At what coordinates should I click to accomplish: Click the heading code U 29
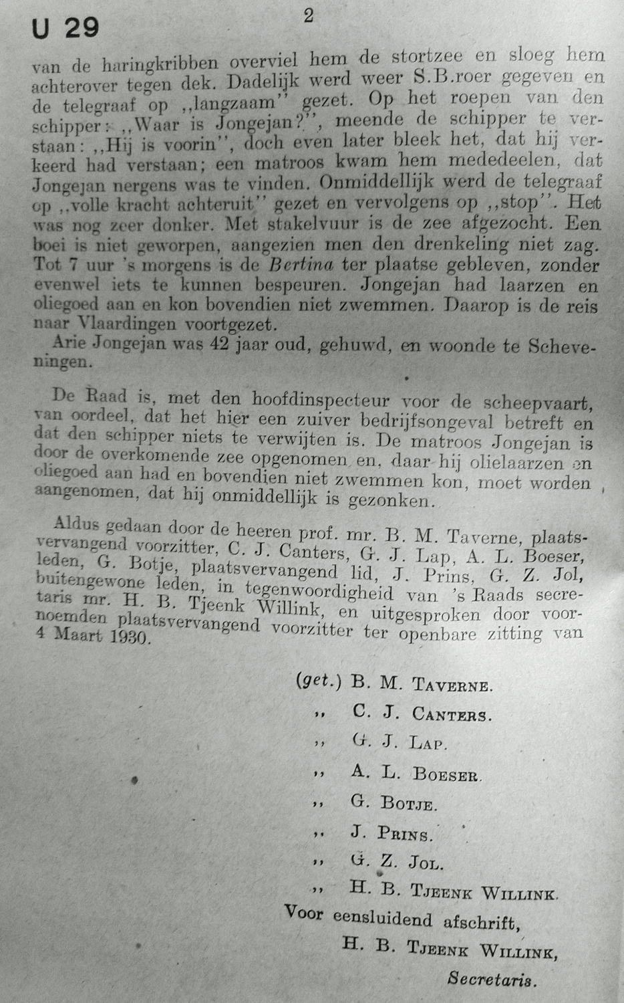tap(65, 28)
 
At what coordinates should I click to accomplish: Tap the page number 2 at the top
tap(308, 16)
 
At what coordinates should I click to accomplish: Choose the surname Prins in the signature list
tap(405, 833)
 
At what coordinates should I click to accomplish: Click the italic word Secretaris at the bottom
tap(492, 980)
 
